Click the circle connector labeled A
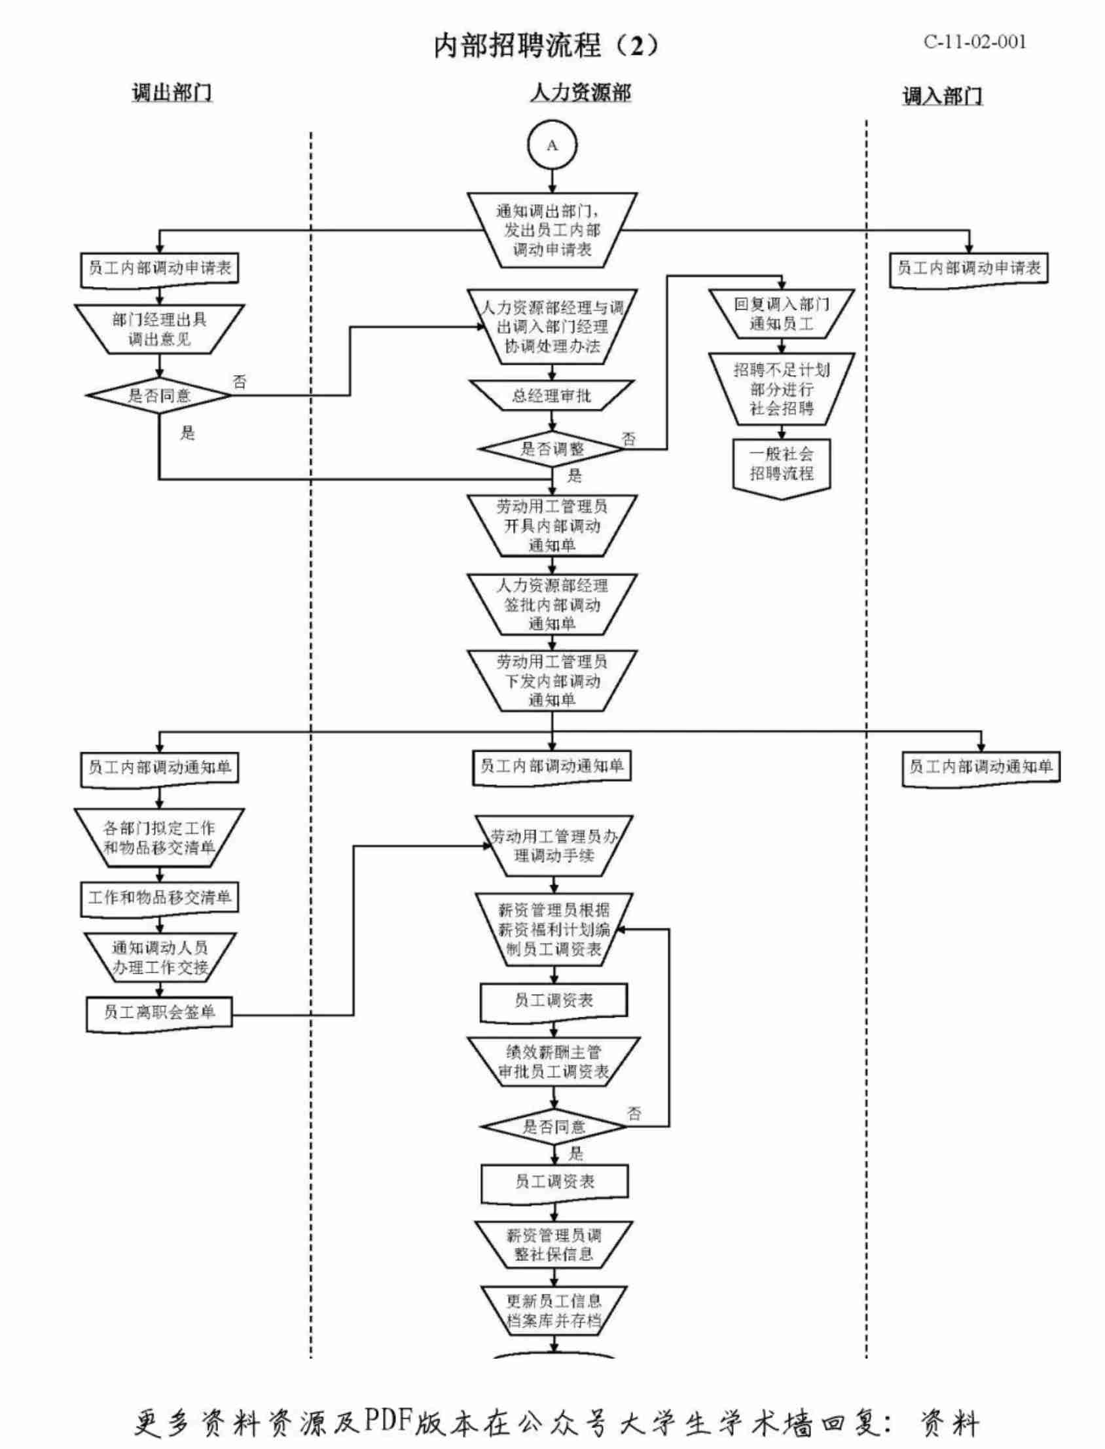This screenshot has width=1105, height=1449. pos(552,145)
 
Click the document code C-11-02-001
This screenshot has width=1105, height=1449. pos(975,42)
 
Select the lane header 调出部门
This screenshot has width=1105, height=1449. pos(172,93)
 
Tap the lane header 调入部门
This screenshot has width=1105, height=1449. pos(942,96)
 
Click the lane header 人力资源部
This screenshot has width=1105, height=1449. pos(580,93)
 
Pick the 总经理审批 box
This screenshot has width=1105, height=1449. pos(552,396)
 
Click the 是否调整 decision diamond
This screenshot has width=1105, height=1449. pos(552,449)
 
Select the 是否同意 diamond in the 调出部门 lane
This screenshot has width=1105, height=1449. pos(159,395)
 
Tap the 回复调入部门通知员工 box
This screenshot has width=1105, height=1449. pos(782,314)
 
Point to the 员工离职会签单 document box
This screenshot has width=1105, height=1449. pos(159,1012)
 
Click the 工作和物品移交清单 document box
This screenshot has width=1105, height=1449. pos(159,898)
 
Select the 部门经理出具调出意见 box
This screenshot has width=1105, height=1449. pos(159,329)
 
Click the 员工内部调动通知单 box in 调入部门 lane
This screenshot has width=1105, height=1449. pos(981,767)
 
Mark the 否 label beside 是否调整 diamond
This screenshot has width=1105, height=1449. pos(629,439)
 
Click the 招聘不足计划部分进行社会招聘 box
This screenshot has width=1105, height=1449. pos(782,389)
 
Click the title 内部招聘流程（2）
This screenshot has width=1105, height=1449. pos(545,45)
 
